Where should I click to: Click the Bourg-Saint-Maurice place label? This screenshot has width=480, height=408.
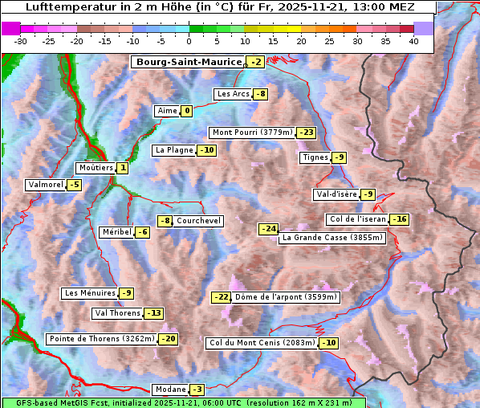[189, 62]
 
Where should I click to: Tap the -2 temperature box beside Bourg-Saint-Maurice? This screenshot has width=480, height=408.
[255, 62]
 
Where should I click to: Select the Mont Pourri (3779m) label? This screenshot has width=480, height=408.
[251, 133]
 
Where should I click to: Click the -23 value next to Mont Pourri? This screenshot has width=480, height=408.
[306, 133]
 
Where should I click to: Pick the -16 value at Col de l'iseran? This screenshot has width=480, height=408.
[399, 219]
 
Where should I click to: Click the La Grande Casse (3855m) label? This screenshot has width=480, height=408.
[332, 238]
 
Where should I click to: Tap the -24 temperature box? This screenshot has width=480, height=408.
[268, 229]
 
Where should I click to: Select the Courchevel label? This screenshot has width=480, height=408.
[198, 221]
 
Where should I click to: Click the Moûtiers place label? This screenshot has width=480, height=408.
[95, 168]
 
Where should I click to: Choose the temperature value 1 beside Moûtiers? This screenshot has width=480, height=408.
[122, 168]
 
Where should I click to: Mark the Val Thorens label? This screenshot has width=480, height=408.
[117, 313]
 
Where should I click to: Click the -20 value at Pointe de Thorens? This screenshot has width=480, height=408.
[168, 339]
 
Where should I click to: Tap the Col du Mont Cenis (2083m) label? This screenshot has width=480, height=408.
[261, 343]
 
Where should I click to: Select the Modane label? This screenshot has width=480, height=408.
[170, 390]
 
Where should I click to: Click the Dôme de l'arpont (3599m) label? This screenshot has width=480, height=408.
[286, 297]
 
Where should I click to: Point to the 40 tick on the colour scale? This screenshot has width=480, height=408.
[413, 41]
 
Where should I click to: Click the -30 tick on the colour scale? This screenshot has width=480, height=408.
[21, 41]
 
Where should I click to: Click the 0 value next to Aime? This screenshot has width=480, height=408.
[186, 111]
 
